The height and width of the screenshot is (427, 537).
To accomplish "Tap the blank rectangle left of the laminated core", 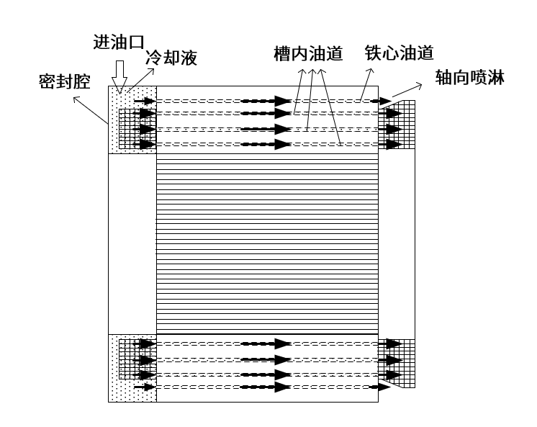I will (132, 244).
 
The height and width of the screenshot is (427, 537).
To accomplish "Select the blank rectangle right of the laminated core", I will (397, 244).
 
